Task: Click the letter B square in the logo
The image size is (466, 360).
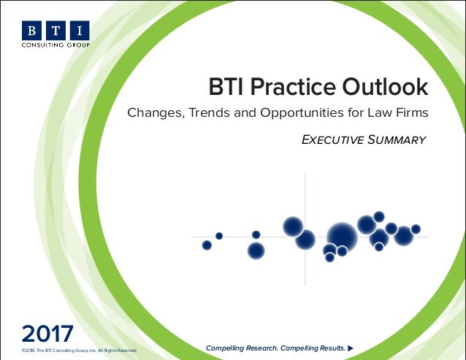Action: click(x=31, y=30)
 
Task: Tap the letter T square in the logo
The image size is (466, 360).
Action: click(x=56, y=30)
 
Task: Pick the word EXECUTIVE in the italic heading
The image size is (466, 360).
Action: click(x=332, y=139)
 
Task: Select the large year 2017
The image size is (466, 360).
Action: click(x=47, y=334)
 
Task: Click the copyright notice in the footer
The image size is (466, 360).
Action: click(x=80, y=351)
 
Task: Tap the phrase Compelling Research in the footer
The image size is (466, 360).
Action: click(x=242, y=348)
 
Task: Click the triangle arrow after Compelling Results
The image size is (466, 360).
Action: click(x=351, y=348)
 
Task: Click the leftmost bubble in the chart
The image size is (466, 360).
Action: click(x=207, y=245)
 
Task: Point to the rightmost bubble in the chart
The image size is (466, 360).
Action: click(x=416, y=229)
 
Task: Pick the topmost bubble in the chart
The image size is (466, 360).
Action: click(x=378, y=216)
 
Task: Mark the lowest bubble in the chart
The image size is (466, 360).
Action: click(x=329, y=258)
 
